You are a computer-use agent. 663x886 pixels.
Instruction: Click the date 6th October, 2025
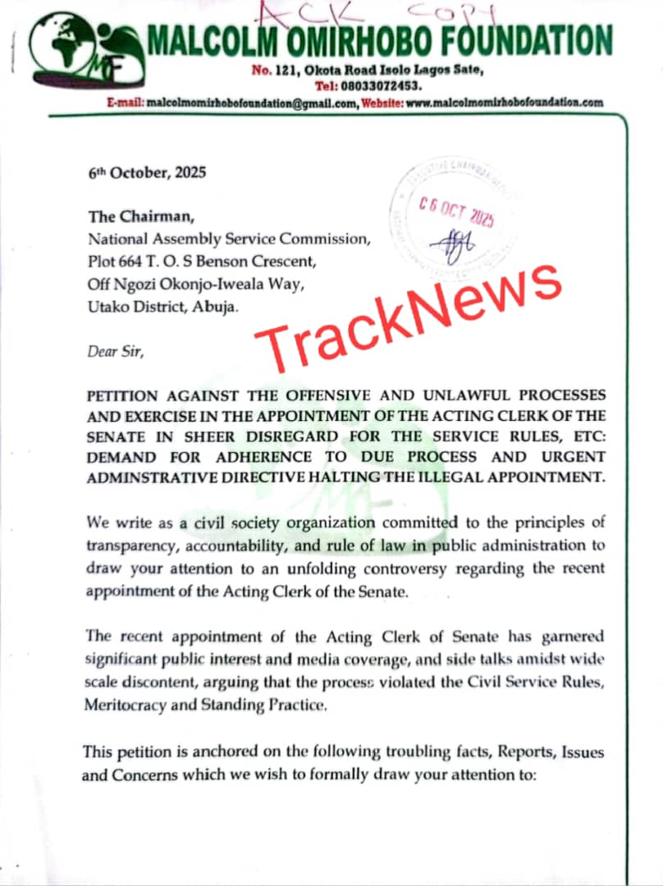pos(148,173)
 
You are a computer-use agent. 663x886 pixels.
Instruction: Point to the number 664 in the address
pos(134,262)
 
